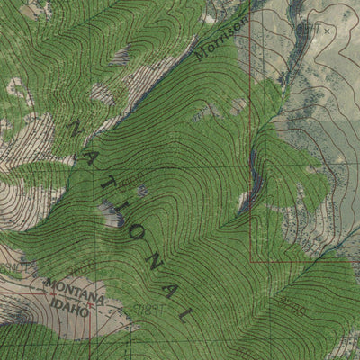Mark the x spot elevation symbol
pyautogui.click(x=328, y=30)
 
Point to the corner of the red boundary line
pyautogui.click(x=250, y=261)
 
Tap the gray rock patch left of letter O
pyautogui.click(x=112, y=212)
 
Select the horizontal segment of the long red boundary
pyautogui.click(x=297, y=261)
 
